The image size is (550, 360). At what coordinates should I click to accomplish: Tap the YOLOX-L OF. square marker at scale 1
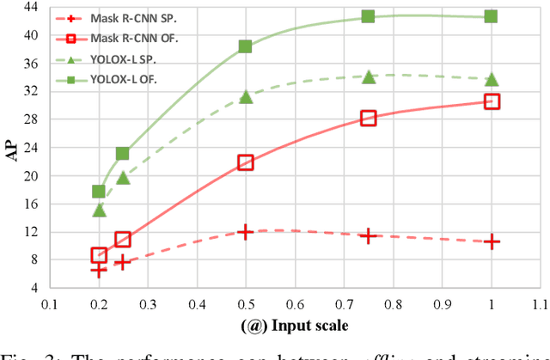coord(491,16)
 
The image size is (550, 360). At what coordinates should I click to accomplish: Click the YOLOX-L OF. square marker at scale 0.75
coord(368,16)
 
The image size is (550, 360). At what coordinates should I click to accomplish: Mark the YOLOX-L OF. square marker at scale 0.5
coord(245,46)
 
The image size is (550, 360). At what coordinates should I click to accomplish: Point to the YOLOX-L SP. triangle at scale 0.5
coord(245,96)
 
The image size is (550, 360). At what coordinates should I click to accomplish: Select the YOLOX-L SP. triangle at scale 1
coord(491,79)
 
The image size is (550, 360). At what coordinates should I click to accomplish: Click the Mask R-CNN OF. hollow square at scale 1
coord(491,101)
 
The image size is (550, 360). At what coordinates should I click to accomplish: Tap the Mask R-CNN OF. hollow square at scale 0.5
coord(245,162)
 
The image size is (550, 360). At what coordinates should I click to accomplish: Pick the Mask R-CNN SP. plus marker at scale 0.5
coord(245,232)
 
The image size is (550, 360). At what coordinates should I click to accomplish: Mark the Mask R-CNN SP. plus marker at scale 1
coord(491,242)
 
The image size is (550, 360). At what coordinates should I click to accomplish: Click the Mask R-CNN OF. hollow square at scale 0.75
coord(368,118)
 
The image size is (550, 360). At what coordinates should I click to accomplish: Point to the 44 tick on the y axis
coord(31,8)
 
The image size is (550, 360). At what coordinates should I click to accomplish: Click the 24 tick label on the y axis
coord(31,148)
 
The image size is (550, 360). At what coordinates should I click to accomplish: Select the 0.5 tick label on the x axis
coord(245,304)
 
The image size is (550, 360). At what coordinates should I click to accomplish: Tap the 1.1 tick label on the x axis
coord(539,304)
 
